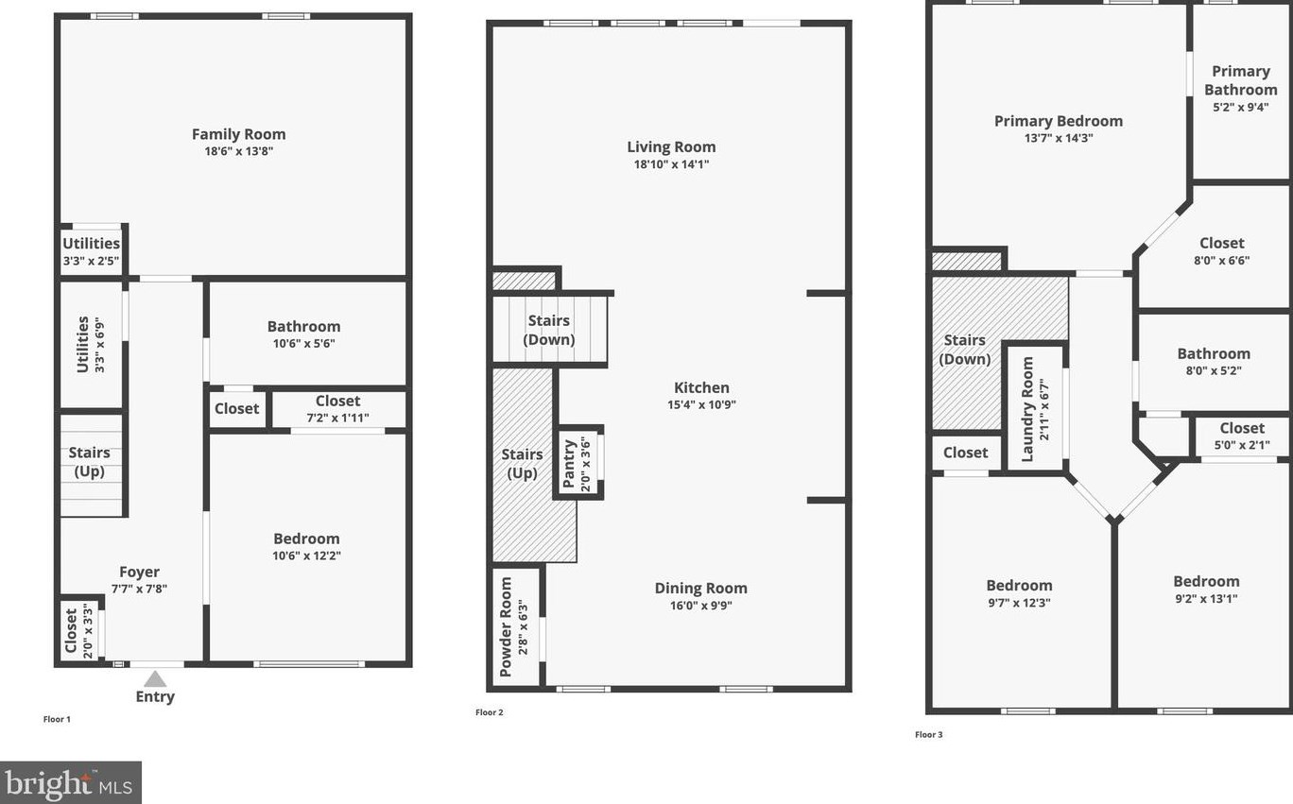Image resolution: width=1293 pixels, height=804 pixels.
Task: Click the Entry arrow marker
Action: (x=155, y=679)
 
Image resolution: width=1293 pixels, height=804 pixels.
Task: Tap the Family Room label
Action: (x=238, y=134)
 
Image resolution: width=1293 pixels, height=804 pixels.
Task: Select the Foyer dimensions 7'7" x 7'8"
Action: (x=139, y=589)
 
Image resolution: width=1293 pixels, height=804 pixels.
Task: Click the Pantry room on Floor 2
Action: (x=578, y=462)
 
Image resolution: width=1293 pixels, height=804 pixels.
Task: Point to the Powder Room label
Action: (x=507, y=626)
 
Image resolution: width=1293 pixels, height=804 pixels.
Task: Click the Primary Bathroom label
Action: (x=1240, y=80)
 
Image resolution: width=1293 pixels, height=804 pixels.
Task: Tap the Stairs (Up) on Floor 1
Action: (x=89, y=462)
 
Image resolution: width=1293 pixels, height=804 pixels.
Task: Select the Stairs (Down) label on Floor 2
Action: (x=549, y=330)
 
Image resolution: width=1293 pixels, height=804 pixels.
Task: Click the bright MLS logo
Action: (x=71, y=782)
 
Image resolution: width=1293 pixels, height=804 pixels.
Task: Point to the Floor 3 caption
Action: (x=928, y=734)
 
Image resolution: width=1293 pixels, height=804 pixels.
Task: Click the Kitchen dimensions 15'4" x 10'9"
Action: (x=701, y=404)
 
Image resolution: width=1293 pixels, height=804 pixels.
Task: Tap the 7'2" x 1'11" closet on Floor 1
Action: (x=337, y=409)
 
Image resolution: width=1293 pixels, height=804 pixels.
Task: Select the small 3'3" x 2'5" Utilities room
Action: (x=91, y=251)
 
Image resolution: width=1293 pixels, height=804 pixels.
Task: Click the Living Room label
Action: (x=671, y=146)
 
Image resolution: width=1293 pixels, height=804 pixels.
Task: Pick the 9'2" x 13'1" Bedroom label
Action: (x=1206, y=581)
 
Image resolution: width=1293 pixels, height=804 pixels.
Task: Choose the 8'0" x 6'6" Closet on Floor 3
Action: (x=1221, y=251)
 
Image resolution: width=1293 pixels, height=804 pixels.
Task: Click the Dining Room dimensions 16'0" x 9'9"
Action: (x=700, y=606)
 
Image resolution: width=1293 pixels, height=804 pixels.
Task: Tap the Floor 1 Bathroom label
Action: (x=303, y=326)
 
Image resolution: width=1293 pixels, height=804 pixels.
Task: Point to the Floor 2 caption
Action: (x=489, y=712)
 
